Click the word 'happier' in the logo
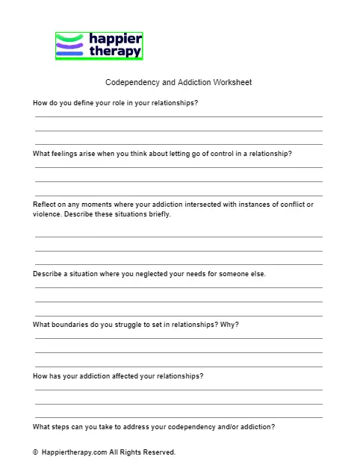[114, 39]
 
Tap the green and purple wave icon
[70, 46]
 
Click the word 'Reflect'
[45, 205]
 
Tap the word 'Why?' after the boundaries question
[230, 325]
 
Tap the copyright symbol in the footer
[35, 452]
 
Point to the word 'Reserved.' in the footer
[159, 452]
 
